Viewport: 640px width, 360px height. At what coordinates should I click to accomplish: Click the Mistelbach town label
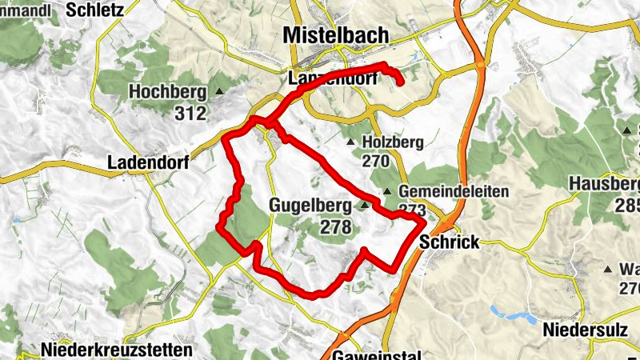coord(336,35)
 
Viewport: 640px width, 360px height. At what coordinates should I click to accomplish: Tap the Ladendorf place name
coord(147,163)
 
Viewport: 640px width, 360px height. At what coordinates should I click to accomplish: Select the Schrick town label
coord(449,242)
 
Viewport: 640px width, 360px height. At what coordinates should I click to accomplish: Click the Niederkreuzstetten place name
coord(116,350)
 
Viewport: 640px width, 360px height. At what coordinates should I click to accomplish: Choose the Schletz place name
coord(95,10)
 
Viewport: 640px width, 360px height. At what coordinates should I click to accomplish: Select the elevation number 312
coord(190,113)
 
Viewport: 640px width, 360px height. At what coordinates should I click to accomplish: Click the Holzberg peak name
coord(392,142)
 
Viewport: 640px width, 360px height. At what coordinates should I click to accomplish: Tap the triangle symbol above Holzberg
coord(350,142)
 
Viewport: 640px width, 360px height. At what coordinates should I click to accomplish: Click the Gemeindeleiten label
coord(442,192)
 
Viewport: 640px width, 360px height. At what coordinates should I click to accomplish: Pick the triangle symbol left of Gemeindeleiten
coord(387,192)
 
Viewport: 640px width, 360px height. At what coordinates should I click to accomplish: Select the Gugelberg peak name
coord(311,206)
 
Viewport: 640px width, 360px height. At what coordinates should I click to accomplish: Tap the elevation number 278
coord(335,227)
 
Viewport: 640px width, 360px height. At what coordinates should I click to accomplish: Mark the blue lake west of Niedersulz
coord(512,314)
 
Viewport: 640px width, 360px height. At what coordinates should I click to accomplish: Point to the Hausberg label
coord(605,183)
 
